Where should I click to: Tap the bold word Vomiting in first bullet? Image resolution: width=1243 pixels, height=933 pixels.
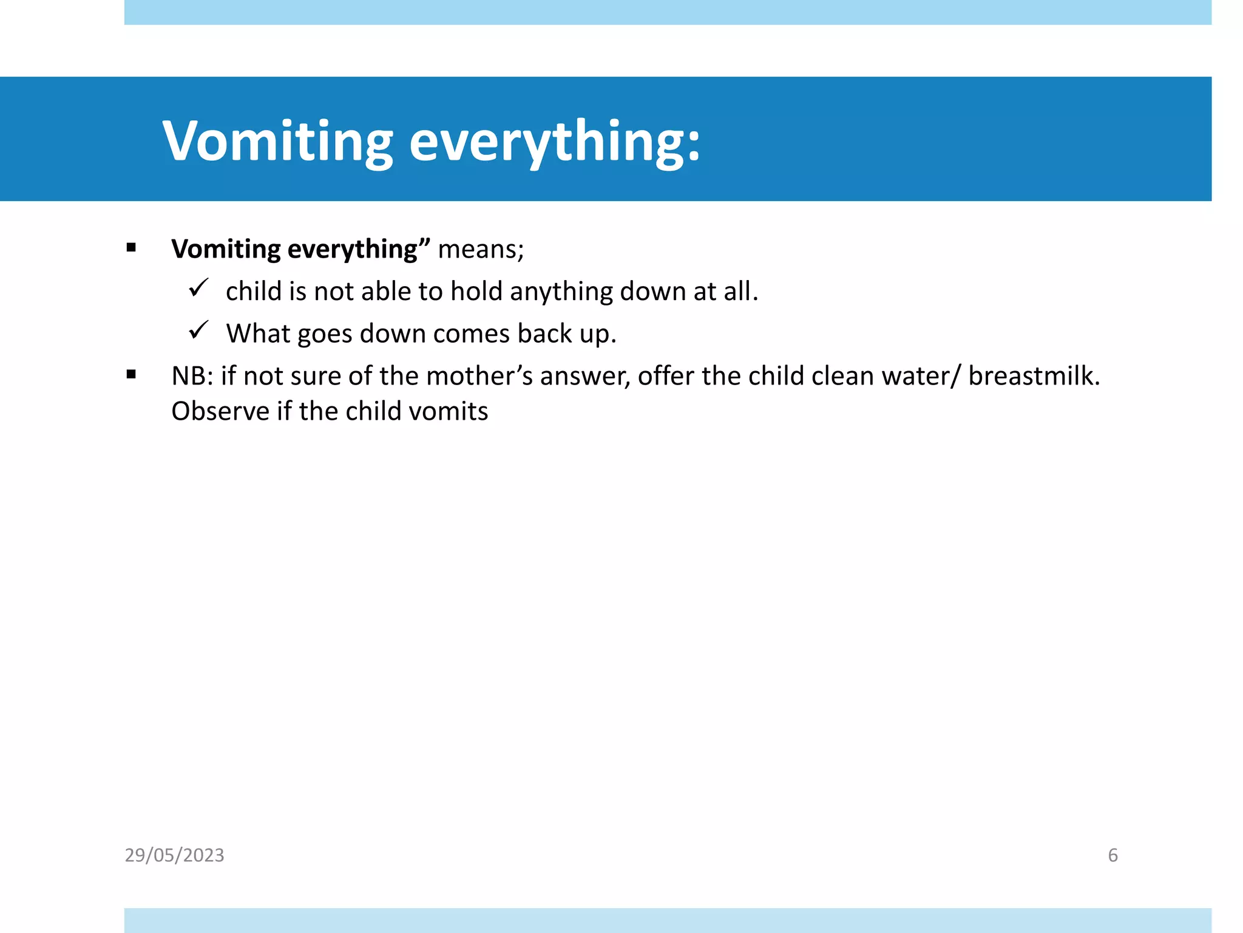[x=226, y=249]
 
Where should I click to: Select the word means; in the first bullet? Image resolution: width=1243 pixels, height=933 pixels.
[x=481, y=249]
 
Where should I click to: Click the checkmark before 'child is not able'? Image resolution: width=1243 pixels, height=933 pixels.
[x=198, y=287]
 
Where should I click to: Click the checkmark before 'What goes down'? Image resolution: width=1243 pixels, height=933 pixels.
[x=198, y=330]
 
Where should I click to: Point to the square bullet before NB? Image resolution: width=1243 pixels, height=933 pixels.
[x=131, y=375]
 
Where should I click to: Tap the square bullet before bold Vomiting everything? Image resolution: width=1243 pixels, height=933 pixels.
[x=131, y=247]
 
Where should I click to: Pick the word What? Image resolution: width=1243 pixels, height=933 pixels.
[x=258, y=333]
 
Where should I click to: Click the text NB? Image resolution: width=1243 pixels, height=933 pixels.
[x=192, y=376]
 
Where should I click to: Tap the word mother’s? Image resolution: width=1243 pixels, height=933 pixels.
[x=479, y=376]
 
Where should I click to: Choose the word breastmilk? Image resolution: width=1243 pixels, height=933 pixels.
[x=1034, y=376]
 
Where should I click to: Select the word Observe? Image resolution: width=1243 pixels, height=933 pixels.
[x=220, y=411]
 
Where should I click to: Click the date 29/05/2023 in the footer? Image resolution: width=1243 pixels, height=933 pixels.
[x=174, y=855]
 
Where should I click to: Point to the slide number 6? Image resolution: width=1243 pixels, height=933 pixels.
[x=1113, y=855]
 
